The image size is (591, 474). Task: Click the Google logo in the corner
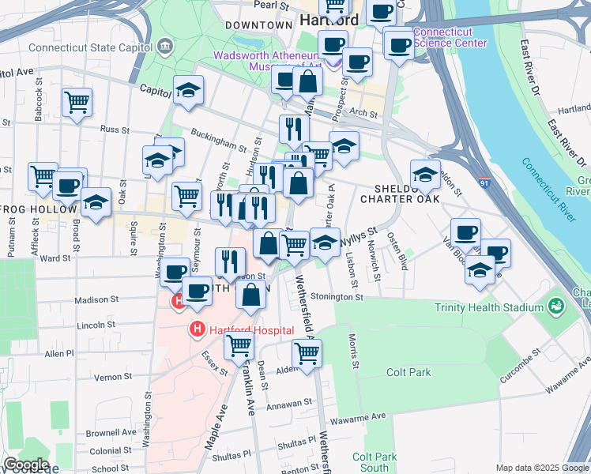[x=26, y=464]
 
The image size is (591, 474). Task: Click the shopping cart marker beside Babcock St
[x=77, y=101]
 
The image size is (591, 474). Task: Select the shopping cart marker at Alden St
[x=307, y=352]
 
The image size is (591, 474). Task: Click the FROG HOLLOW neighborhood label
[x=40, y=209]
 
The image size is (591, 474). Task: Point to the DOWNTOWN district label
[x=259, y=25]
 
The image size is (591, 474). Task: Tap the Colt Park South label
[x=375, y=462]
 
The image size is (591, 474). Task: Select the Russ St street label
[x=115, y=129]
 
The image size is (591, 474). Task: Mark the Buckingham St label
[x=220, y=143]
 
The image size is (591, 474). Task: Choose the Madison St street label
[x=96, y=300]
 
